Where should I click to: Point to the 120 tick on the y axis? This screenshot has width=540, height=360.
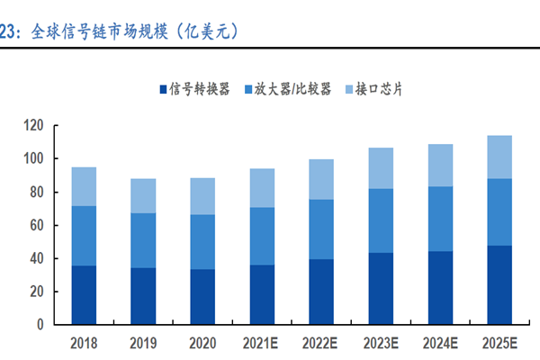[34, 126]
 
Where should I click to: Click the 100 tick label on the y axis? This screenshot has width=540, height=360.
[34, 159]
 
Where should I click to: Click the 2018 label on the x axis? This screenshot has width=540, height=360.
[85, 343]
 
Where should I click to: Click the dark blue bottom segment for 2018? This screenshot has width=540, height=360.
[85, 295]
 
